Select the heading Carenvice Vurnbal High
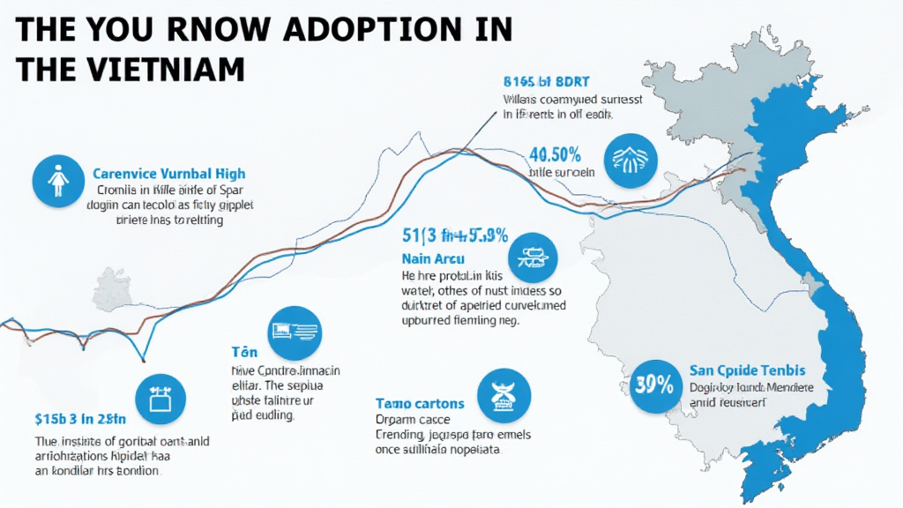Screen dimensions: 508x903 pyautogui.click(x=168, y=174)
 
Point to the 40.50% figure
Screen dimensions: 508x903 pyautogui.click(x=555, y=154)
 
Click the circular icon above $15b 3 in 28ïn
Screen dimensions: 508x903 pyautogui.click(x=160, y=399)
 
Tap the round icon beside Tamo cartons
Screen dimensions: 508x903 pyautogui.click(x=504, y=394)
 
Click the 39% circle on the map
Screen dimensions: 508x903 pyautogui.click(x=653, y=385)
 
